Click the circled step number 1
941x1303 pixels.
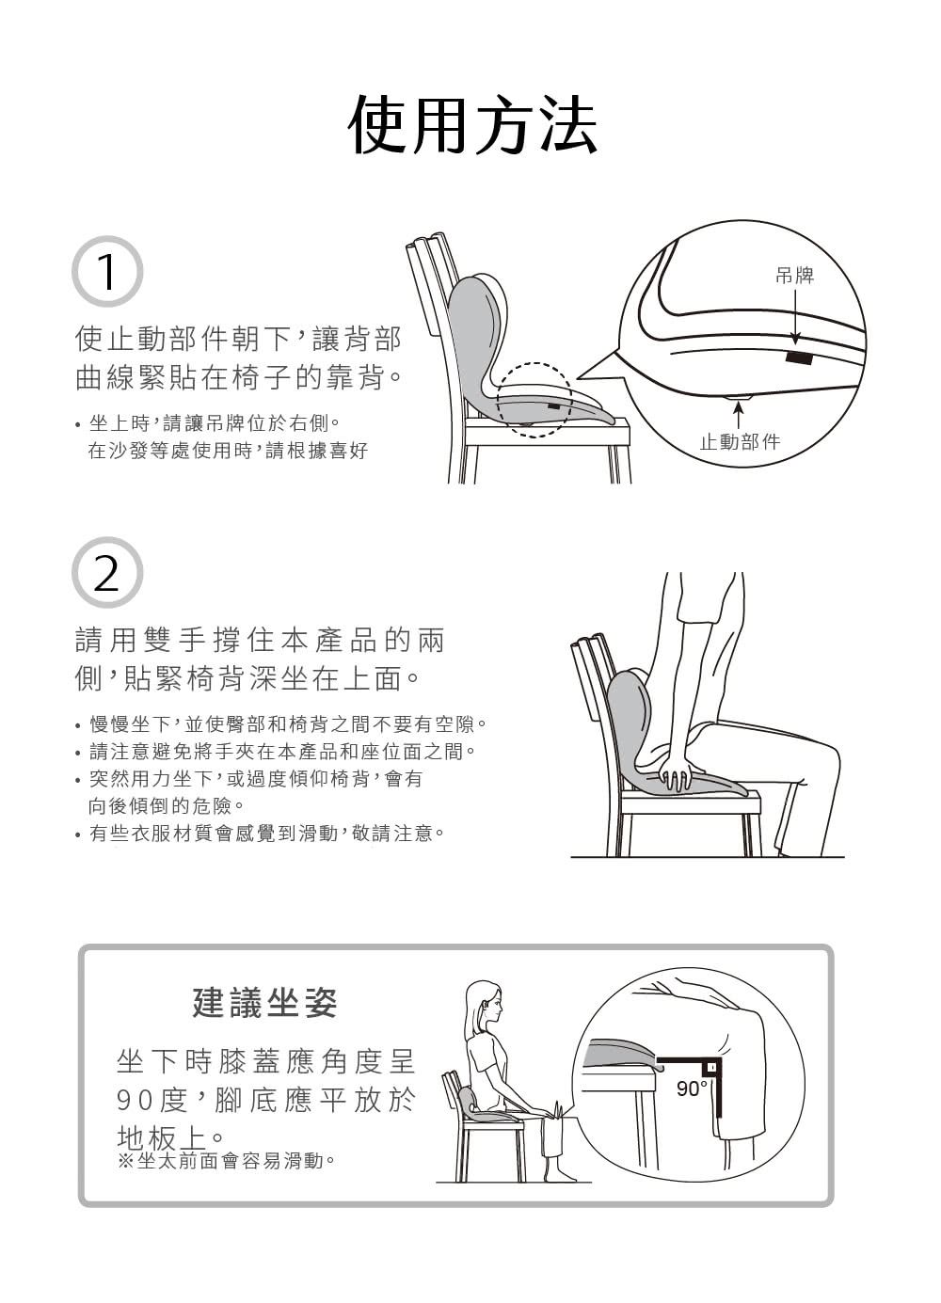[x=107, y=272]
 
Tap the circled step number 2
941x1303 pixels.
[x=107, y=572]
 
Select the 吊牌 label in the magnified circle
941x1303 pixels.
[x=794, y=275]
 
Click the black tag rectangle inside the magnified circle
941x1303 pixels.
[x=798, y=358]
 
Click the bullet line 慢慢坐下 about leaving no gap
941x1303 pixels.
[x=281, y=724]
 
